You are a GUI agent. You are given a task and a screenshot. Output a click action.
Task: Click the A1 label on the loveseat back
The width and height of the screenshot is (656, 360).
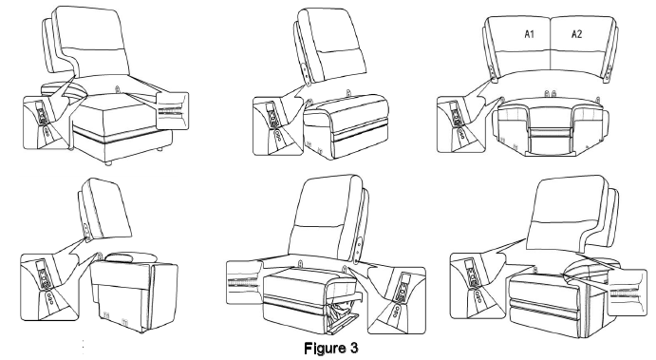click(533, 34)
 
